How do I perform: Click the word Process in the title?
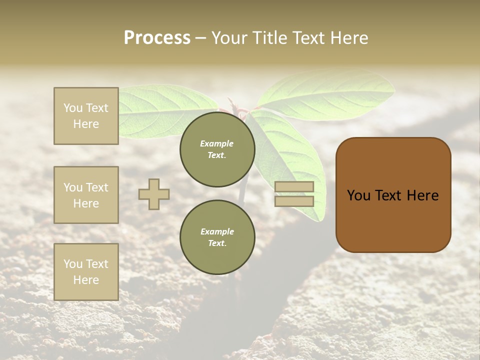tap(157, 38)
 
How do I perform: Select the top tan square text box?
tap(86, 116)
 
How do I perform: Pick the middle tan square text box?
tap(86, 195)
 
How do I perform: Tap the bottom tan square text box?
tap(86, 271)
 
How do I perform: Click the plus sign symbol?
tap(154, 194)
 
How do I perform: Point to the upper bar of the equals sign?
tap(294, 186)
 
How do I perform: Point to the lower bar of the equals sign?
tap(294, 201)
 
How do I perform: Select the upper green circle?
tap(217, 149)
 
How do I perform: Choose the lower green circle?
tap(217, 237)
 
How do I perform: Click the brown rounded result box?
tap(393, 195)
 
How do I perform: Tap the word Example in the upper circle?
tap(217, 143)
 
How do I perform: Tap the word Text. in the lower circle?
tap(217, 243)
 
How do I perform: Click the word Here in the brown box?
tap(422, 195)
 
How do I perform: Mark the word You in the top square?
tap(72, 108)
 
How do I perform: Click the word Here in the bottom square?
tap(86, 280)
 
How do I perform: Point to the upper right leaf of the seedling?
tap(327, 95)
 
